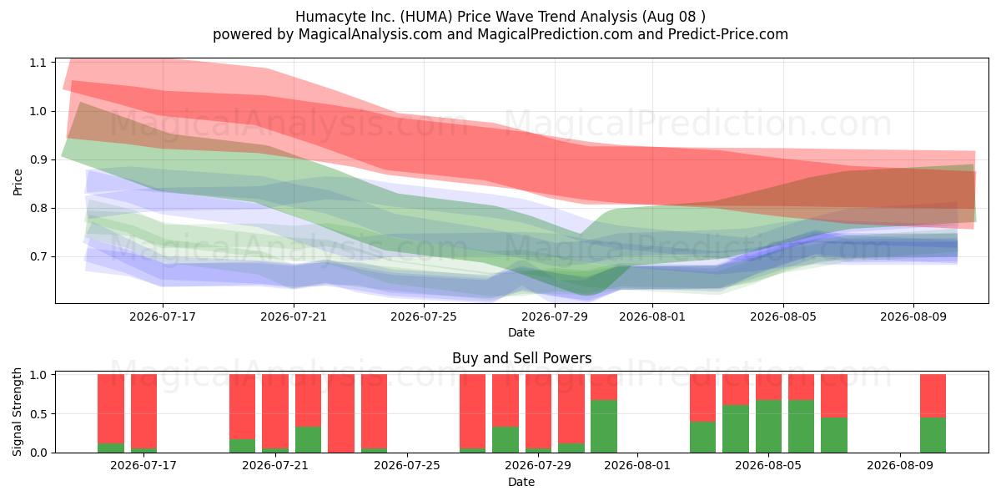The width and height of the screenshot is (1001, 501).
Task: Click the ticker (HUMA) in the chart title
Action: pyautogui.click(x=426, y=17)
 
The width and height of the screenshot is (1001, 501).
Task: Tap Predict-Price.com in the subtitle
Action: pyautogui.click(x=728, y=34)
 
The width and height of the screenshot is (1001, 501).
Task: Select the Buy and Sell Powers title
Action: pyautogui.click(x=521, y=358)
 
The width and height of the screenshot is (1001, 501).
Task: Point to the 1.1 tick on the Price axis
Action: pyautogui.click(x=38, y=63)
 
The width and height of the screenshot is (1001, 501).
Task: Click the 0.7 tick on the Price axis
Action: pyautogui.click(x=38, y=257)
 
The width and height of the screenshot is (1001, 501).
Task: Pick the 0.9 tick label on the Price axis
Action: pyautogui.click(x=38, y=159)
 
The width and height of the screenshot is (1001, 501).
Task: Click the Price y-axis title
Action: pyautogui.click(x=18, y=182)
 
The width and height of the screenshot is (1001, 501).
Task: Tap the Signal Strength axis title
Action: pyautogui.click(x=17, y=412)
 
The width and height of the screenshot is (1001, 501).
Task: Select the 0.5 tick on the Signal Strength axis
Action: pyautogui.click(x=38, y=414)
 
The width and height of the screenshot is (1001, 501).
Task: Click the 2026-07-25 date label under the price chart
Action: pyautogui.click(x=424, y=316)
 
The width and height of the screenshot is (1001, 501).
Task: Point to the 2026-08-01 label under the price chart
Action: pyautogui.click(x=652, y=316)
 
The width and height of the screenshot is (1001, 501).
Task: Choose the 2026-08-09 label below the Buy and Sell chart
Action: pyautogui.click(x=900, y=466)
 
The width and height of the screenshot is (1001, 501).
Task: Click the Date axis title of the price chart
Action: pyautogui.click(x=521, y=332)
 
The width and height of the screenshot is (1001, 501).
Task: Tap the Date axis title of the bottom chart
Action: pyautogui.click(x=521, y=482)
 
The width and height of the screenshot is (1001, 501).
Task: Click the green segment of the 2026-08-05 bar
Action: pyautogui.click(x=768, y=427)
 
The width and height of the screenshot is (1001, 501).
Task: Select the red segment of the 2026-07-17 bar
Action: pyautogui.click(x=143, y=411)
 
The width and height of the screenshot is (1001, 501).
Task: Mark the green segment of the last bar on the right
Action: pyautogui.click(x=933, y=435)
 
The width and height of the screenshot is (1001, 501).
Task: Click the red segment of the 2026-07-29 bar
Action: pyautogui.click(x=539, y=411)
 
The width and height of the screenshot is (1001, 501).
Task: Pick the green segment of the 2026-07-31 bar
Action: pyautogui.click(x=604, y=427)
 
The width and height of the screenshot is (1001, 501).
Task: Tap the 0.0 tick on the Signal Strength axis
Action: pyautogui.click(x=38, y=453)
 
